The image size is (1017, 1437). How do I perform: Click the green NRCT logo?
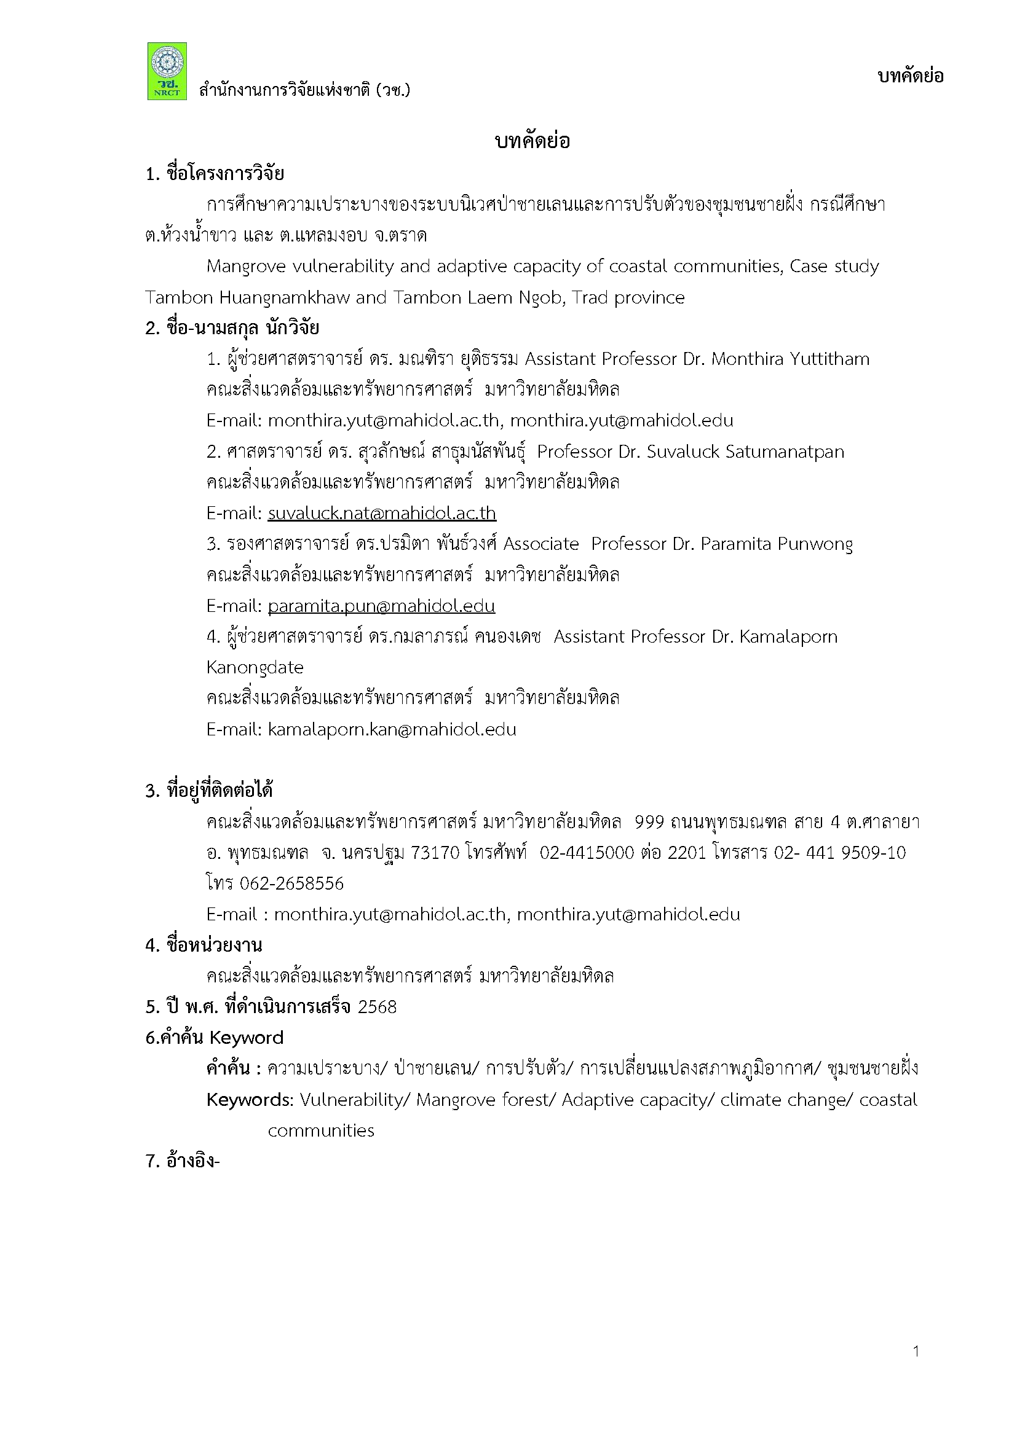(x=167, y=71)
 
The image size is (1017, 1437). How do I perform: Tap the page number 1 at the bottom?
(x=916, y=1351)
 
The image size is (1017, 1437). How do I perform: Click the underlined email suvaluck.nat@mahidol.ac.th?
(x=381, y=513)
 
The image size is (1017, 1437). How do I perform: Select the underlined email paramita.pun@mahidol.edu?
(x=381, y=606)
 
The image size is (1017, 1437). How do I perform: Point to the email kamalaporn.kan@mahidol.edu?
(x=392, y=729)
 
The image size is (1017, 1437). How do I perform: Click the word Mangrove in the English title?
(x=242, y=267)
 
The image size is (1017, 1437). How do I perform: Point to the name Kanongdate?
(x=255, y=668)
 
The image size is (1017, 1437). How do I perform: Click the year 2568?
(x=377, y=1007)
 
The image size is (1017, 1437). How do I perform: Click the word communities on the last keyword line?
(x=320, y=1130)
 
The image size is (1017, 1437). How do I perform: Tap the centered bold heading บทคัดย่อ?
(x=532, y=141)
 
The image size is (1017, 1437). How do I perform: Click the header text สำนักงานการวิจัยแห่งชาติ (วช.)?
(x=304, y=91)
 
